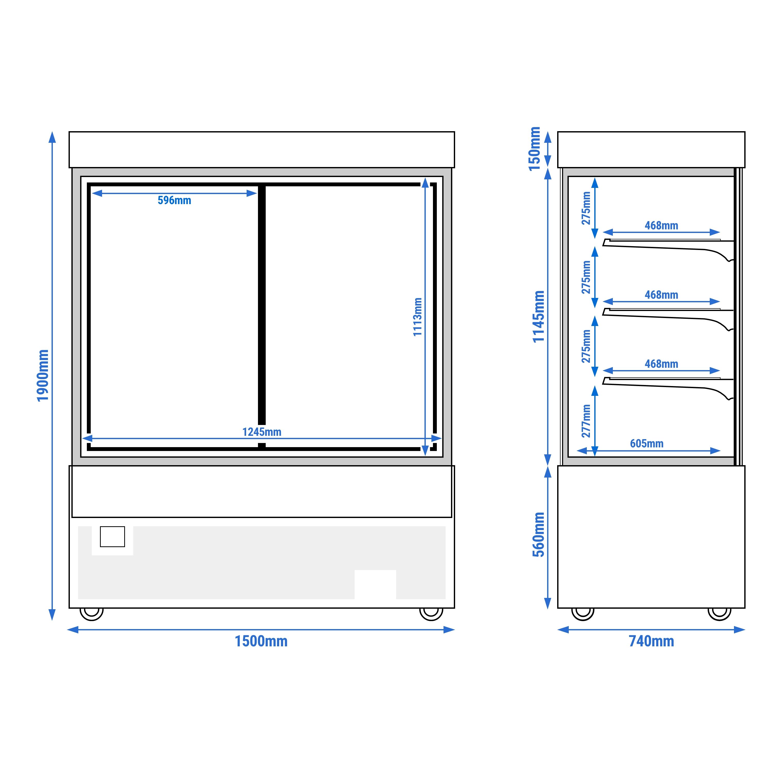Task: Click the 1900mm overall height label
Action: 43,375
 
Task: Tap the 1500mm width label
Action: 261,641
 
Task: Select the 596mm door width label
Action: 174,200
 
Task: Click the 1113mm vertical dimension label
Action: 417,317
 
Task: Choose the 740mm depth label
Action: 651,641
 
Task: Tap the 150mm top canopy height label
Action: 534,149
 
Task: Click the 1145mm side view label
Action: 539,316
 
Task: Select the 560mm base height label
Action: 539,534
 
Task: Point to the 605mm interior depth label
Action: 647,444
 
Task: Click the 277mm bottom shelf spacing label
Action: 586,421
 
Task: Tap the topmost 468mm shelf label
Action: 662,225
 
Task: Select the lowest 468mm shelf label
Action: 662,364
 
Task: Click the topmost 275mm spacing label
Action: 586,208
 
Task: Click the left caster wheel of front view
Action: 92,614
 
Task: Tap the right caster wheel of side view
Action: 720,614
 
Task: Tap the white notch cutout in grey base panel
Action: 375,584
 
